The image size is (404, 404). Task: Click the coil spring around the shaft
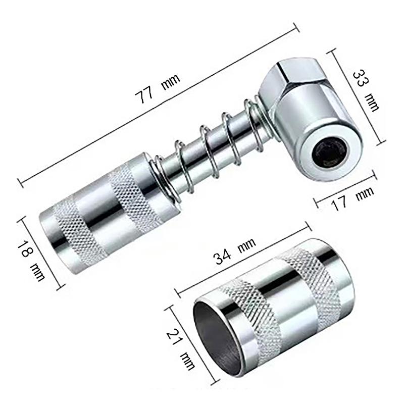click(x=212, y=146)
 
